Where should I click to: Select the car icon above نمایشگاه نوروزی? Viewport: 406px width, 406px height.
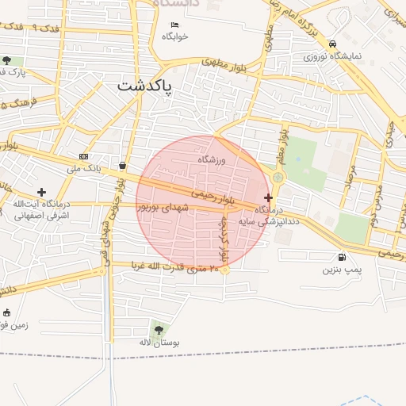[333, 44]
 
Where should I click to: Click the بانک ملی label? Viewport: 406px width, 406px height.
[83, 168]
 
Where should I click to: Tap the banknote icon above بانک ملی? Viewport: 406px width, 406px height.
[83, 156]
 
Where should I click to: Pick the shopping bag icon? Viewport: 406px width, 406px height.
[123, 166]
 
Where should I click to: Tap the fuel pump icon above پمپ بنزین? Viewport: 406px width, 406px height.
[342, 257]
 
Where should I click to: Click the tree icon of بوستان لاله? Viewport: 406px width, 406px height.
[159, 329]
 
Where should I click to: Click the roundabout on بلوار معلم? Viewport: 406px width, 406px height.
[278, 187]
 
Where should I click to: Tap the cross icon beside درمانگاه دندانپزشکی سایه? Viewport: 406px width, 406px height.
[269, 197]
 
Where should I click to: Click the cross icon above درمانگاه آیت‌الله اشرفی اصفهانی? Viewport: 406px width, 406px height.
[42, 192]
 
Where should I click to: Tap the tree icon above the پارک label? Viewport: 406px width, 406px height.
[7, 60]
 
